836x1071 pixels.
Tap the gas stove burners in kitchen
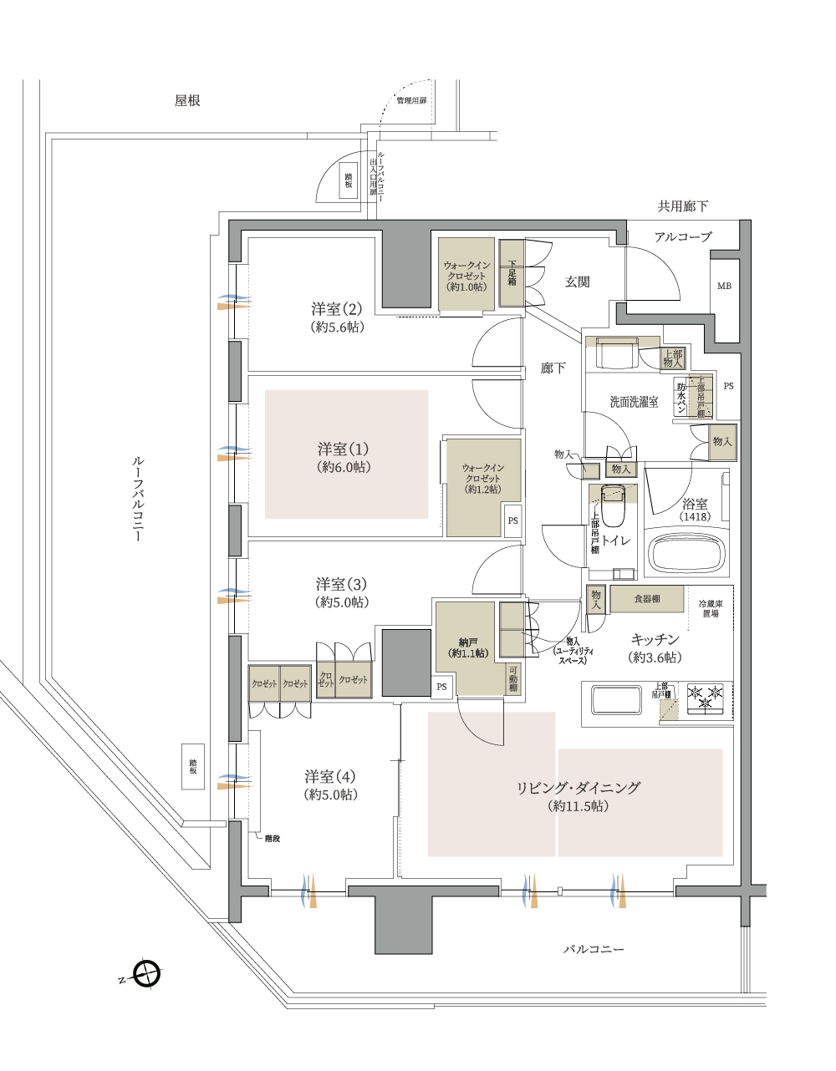point(705,698)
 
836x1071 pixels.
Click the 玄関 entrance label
point(577,282)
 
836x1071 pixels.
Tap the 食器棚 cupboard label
point(646,599)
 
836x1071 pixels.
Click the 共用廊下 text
point(683,206)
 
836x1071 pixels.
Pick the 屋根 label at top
point(187,101)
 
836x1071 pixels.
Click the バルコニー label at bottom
point(594,950)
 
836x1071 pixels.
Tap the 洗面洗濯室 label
point(634,402)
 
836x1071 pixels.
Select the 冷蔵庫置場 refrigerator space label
point(711,608)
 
